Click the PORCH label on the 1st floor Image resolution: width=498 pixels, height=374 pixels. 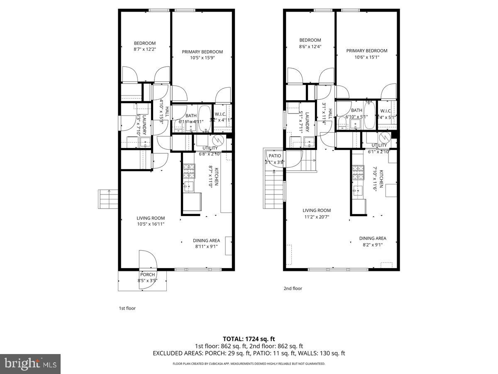tap(147, 275)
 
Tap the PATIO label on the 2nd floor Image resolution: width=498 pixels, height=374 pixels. tap(275, 156)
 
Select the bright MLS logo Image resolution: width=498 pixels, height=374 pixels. tap(30, 364)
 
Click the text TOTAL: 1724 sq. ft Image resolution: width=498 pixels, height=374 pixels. tap(249, 339)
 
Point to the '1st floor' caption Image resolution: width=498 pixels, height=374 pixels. tap(127, 308)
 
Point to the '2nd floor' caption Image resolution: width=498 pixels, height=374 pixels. tap(293, 288)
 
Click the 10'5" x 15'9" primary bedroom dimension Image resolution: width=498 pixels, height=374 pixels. tap(202, 58)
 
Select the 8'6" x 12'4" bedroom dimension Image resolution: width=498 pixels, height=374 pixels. tap(310, 47)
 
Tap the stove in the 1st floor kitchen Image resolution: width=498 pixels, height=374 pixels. tap(189, 171)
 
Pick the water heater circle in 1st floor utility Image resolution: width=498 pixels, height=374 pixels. tap(218, 140)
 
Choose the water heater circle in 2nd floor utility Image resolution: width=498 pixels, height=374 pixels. tap(385, 137)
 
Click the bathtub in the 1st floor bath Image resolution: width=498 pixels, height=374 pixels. tap(204, 118)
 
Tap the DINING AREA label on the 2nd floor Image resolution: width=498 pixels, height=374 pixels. tap(373, 239)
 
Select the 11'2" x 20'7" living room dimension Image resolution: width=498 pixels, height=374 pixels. tap(316, 217)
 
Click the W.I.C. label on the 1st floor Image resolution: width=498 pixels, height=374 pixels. tap(220, 115)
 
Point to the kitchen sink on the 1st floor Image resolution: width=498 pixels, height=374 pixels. tap(189, 186)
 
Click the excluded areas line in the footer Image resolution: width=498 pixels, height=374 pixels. tap(249, 354)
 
